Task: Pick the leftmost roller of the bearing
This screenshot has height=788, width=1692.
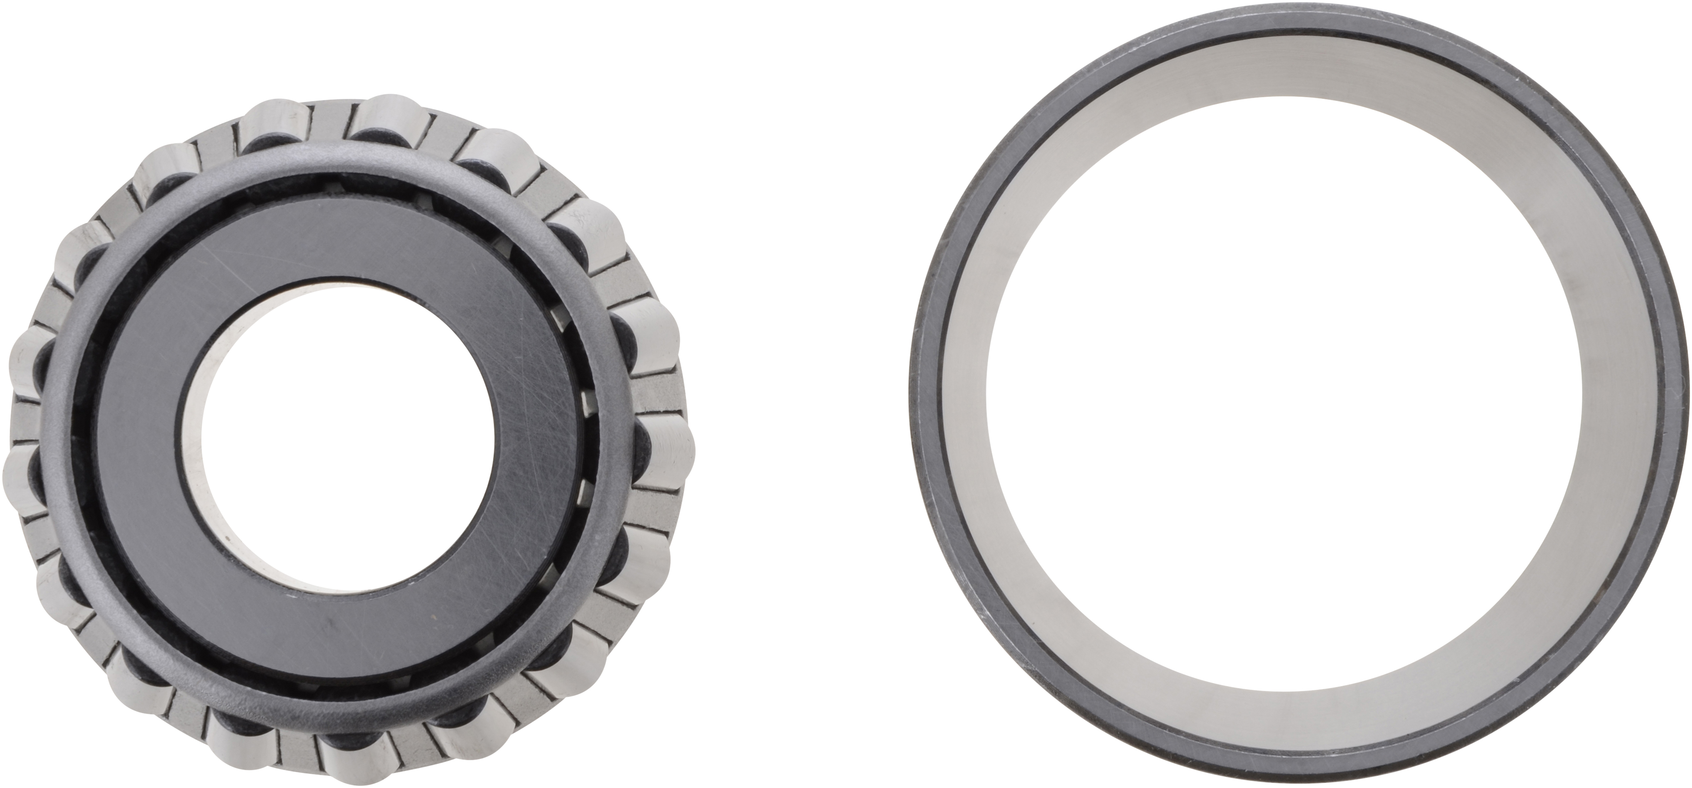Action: coord(23,473)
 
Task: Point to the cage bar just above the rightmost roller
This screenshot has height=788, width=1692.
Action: coord(657,394)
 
